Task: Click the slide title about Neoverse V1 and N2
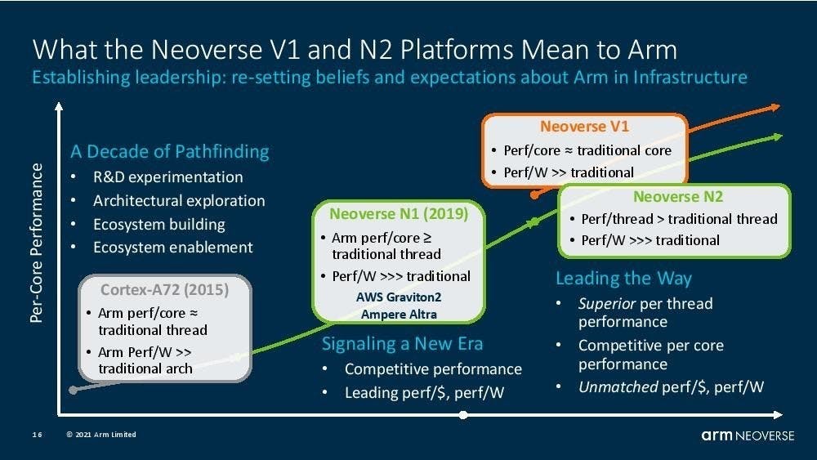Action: click(x=355, y=49)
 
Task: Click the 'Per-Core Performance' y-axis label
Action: click(x=37, y=243)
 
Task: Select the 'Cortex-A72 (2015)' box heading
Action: click(x=164, y=290)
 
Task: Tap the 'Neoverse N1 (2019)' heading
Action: click(x=399, y=214)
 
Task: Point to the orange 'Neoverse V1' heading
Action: click(x=584, y=127)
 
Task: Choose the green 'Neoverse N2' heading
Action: click(x=678, y=197)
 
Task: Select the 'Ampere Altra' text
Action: click(x=398, y=314)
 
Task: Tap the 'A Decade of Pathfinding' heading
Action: click(x=170, y=151)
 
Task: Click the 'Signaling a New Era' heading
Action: click(x=402, y=343)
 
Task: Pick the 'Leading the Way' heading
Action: click(x=623, y=278)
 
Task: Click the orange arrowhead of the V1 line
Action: click(x=773, y=107)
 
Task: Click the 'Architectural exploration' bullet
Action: click(x=179, y=200)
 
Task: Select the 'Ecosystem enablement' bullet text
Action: click(x=173, y=247)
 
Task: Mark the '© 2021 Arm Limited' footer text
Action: click(x=101, y=435)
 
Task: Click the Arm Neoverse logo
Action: click(x=747, y=435)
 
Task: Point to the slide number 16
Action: click(x=38, y=435)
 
